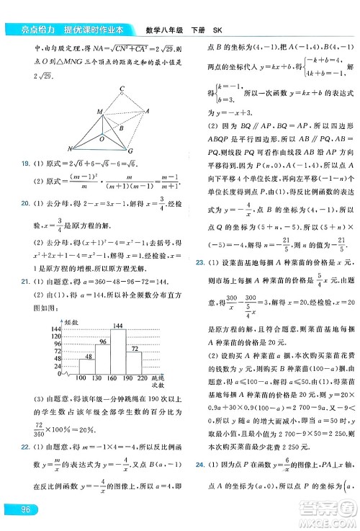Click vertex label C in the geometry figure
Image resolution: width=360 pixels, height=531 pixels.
click(122, 89)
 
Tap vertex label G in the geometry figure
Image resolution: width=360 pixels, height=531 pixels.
click(130, 151)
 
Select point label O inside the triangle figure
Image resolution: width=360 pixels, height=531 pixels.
click(102, 138)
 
